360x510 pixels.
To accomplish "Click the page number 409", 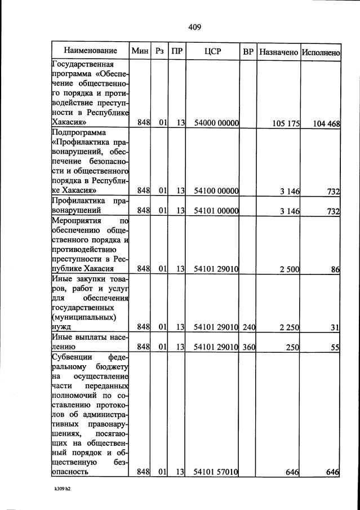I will pos(194,27).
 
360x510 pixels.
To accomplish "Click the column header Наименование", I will pos(90,52).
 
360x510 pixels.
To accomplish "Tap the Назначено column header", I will pos(278,52).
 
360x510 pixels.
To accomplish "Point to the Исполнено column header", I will pos(321,52).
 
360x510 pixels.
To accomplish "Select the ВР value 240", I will pos(248,327).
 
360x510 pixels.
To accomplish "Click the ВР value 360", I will pos(248,347).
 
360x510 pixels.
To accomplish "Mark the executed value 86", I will pos(335,269).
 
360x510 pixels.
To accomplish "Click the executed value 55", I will pos(335,347).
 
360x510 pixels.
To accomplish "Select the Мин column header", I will pos(139,52).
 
